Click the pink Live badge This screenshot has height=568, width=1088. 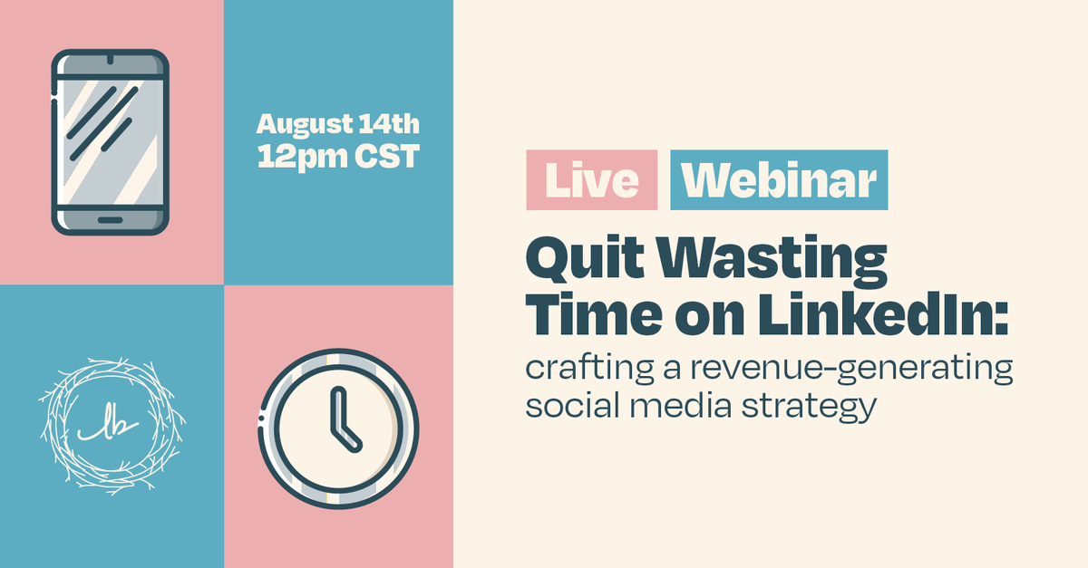[x=591, y=180]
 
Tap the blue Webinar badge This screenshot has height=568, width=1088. [x=779, y=180]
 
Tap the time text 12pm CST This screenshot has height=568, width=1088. [x=338, y=156]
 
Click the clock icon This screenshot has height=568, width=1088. [x=338, y=427]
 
